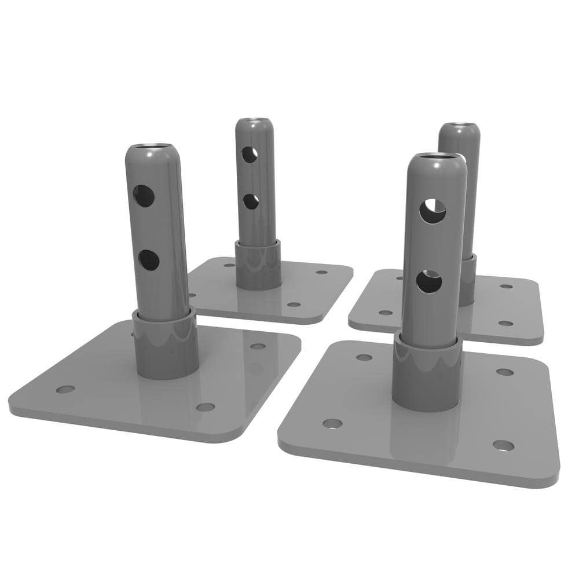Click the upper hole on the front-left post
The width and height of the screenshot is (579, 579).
[144, 196]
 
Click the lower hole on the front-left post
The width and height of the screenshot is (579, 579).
[149, 260]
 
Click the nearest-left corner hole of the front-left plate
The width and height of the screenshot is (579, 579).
[66, 389]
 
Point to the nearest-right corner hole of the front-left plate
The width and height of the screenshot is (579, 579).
[205, 407]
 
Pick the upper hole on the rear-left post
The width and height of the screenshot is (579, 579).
[248, 154]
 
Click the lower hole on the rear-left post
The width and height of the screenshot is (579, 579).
[251, 201]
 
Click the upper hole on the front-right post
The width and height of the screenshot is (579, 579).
[433, 211]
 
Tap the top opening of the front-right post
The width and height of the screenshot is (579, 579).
[437, 157]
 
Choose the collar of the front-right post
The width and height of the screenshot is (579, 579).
[427, 373]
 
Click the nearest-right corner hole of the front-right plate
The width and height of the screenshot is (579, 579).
[503, 445]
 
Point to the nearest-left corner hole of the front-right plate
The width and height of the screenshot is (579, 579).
[332, 424]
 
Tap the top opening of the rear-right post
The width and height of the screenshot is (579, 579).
[459, 126]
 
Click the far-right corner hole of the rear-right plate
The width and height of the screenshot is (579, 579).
[507, 286]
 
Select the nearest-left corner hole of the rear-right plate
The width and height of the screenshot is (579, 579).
[385, 313]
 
